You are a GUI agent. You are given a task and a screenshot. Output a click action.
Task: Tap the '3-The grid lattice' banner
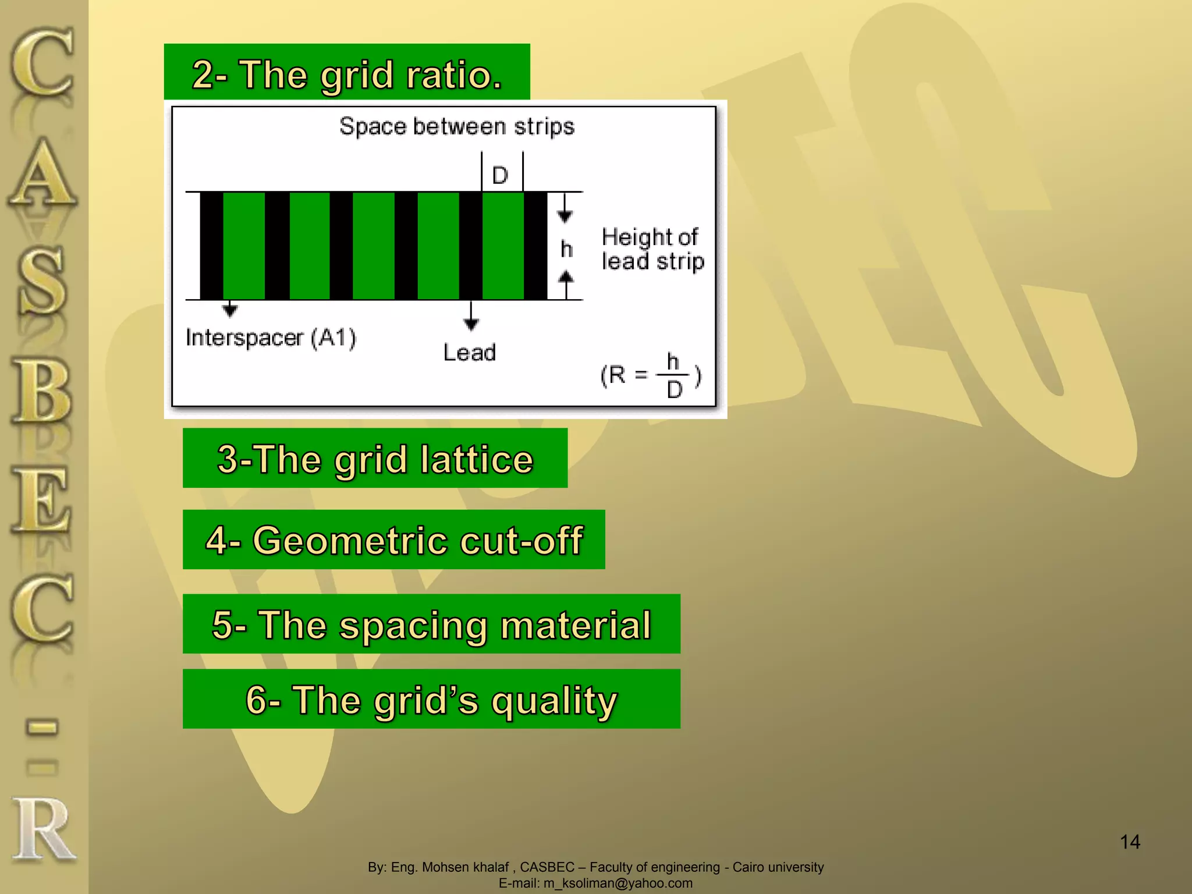(x=375, y=459)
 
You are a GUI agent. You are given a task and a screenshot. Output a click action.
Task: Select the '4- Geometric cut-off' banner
(x=394, y=540)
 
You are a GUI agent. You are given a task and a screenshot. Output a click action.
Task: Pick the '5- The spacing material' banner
(x=431, y=625)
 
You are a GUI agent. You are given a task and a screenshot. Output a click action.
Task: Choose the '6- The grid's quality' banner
(x=431, y=699)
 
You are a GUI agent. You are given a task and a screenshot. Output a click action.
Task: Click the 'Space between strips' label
(x=457, y=126)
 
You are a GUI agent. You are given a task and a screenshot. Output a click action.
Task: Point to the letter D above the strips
(x=501, y=175)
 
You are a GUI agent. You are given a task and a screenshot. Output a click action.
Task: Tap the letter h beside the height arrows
(x=566, y=249)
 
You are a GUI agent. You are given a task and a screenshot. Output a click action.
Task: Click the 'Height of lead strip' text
(x=652, y=249)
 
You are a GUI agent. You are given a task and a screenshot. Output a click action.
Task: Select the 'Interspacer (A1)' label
(x=271, y=338)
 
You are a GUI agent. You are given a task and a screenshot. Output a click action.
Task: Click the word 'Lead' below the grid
(x=469, y=353)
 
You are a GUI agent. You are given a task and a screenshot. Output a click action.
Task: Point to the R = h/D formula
(x=651, y=375)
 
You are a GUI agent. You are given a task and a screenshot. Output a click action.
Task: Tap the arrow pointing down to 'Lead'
(x=471, y=317)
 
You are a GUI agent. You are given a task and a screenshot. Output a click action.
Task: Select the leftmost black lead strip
(x=211, y=246)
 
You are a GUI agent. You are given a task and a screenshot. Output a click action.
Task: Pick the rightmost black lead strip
(x=535, y=246)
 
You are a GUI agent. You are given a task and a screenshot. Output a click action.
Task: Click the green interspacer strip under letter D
(x=503, y=246)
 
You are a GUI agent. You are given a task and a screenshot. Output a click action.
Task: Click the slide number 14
(x=1130, y=842)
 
